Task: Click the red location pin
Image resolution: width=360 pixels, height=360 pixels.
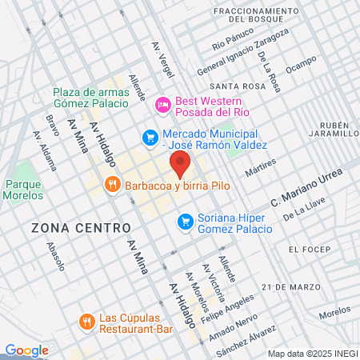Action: click(x=181, y=166)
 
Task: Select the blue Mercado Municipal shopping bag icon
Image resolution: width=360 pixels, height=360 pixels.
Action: click(x=149, y=138)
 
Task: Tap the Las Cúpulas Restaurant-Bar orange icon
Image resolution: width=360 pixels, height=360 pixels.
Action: click(x=86, y=322)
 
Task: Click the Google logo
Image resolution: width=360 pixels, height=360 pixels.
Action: click(x=26, y=350)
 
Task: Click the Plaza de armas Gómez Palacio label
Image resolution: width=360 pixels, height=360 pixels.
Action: click(x=90, y=98)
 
